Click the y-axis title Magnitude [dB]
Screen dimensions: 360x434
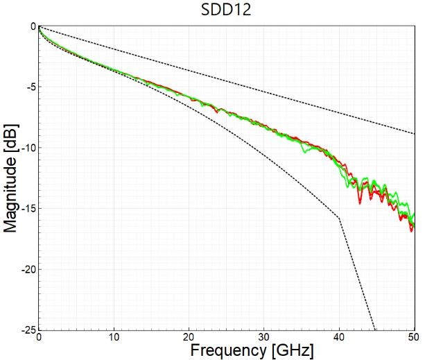(x=11, y=178)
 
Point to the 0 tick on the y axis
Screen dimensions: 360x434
(x=32, y=26)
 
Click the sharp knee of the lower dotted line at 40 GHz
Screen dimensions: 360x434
(x=340, y=218)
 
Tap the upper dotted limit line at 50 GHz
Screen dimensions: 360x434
(x=414, y=133)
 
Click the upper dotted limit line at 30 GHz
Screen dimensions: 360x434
(x=264, y=89)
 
